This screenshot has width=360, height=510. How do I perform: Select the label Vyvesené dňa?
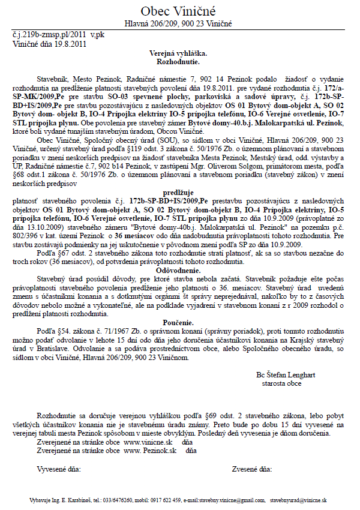[x=59, y=467]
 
